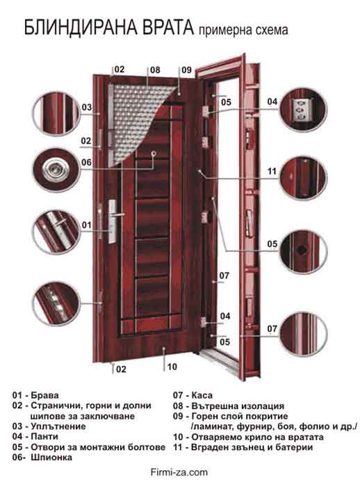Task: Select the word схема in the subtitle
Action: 268,31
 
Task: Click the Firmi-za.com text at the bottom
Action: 179,471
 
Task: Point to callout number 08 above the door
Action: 155,69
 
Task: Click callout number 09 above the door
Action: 186,69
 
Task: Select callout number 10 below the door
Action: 172,367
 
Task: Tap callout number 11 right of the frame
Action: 272,171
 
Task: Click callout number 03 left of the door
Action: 87,108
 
